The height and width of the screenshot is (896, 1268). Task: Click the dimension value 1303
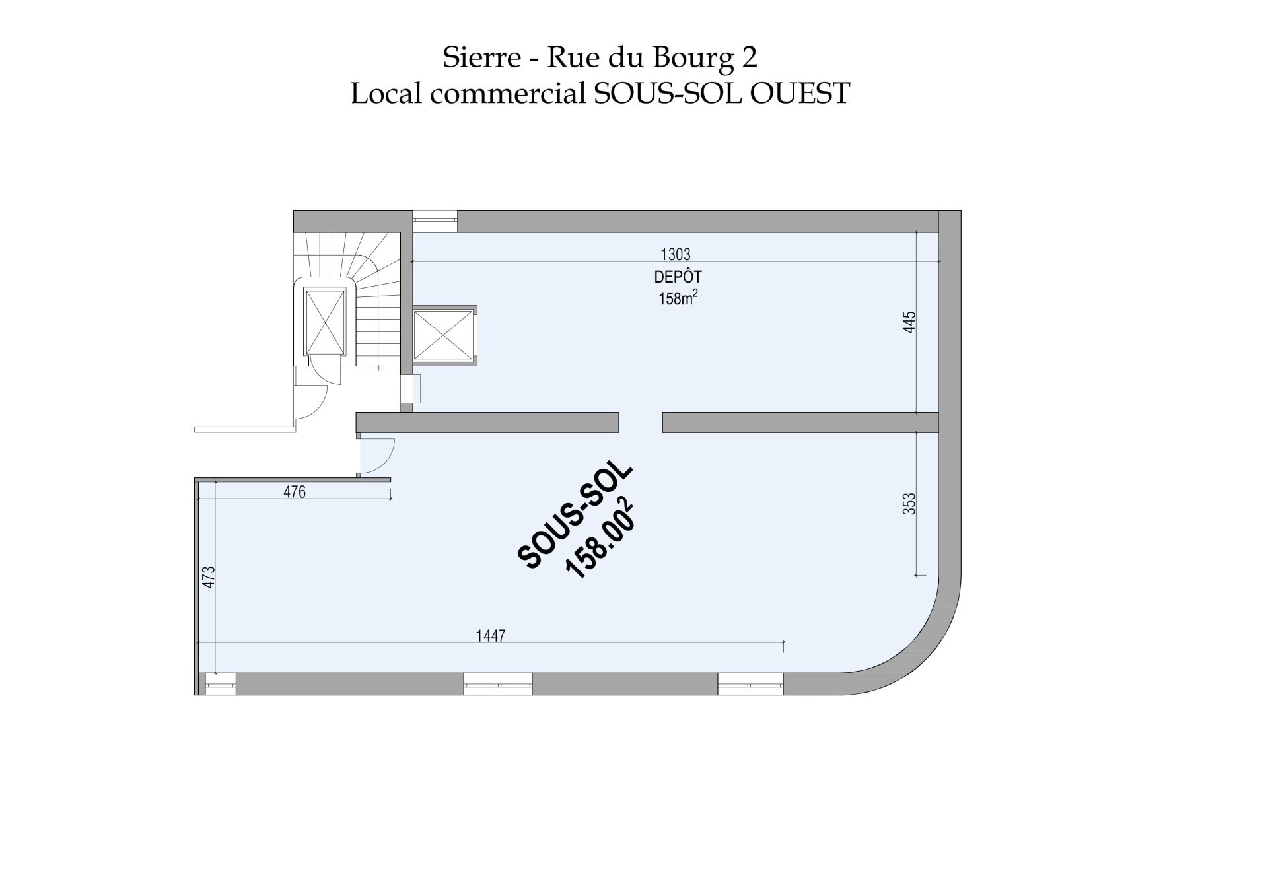click(675, 254)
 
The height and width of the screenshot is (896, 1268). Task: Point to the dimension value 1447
click(491, 636)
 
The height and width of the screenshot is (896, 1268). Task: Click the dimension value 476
click(295, 492)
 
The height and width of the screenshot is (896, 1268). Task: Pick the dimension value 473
click(209, 577)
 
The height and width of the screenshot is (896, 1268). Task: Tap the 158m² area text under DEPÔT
click(678, 298)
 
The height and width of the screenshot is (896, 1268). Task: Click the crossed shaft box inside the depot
click(444, 335)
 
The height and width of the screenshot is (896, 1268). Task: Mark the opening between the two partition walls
click(641, 423)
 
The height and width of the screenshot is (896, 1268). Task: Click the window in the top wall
click(435, 221)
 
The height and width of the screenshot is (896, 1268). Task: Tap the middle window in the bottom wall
click(498, 684)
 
